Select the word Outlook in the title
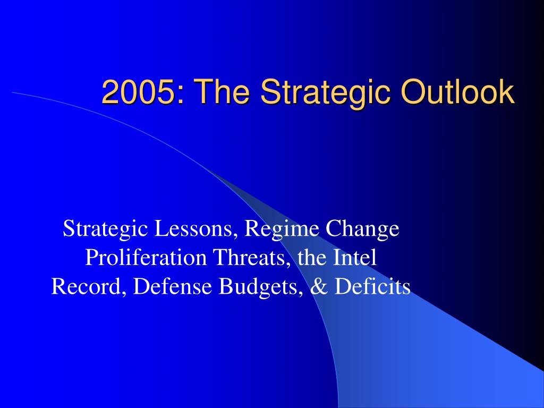[x=457, y=91]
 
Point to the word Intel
[x=354, y=258]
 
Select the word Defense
[x=173, y=286]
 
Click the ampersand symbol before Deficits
[x=319, y=287]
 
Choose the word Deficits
[x=372, y=286]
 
